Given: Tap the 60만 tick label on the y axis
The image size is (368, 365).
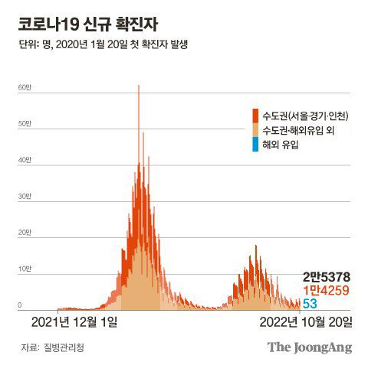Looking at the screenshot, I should point(25,87).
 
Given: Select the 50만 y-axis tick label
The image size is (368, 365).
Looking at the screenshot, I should point(25,124).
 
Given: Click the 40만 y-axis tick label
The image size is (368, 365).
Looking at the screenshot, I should point(25,160).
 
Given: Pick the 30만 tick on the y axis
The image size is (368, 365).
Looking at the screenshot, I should point(25,197).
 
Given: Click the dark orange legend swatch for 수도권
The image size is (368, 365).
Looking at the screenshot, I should point(255,116).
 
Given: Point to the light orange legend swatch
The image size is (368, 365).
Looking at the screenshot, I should point(255,130).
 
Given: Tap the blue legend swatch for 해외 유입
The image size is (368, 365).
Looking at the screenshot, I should point(255,144).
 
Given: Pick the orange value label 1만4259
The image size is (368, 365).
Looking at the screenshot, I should point(328,291).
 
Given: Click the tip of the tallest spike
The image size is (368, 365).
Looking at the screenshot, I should point(139,85).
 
